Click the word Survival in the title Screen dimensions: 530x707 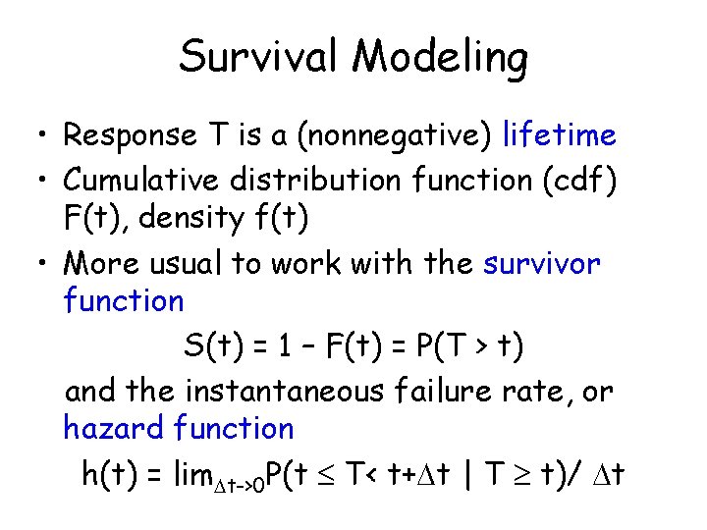click(260, 57)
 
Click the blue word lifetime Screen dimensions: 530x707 click(559, 135)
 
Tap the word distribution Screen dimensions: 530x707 click(313, 181)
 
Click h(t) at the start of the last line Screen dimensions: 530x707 click(109, 475)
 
